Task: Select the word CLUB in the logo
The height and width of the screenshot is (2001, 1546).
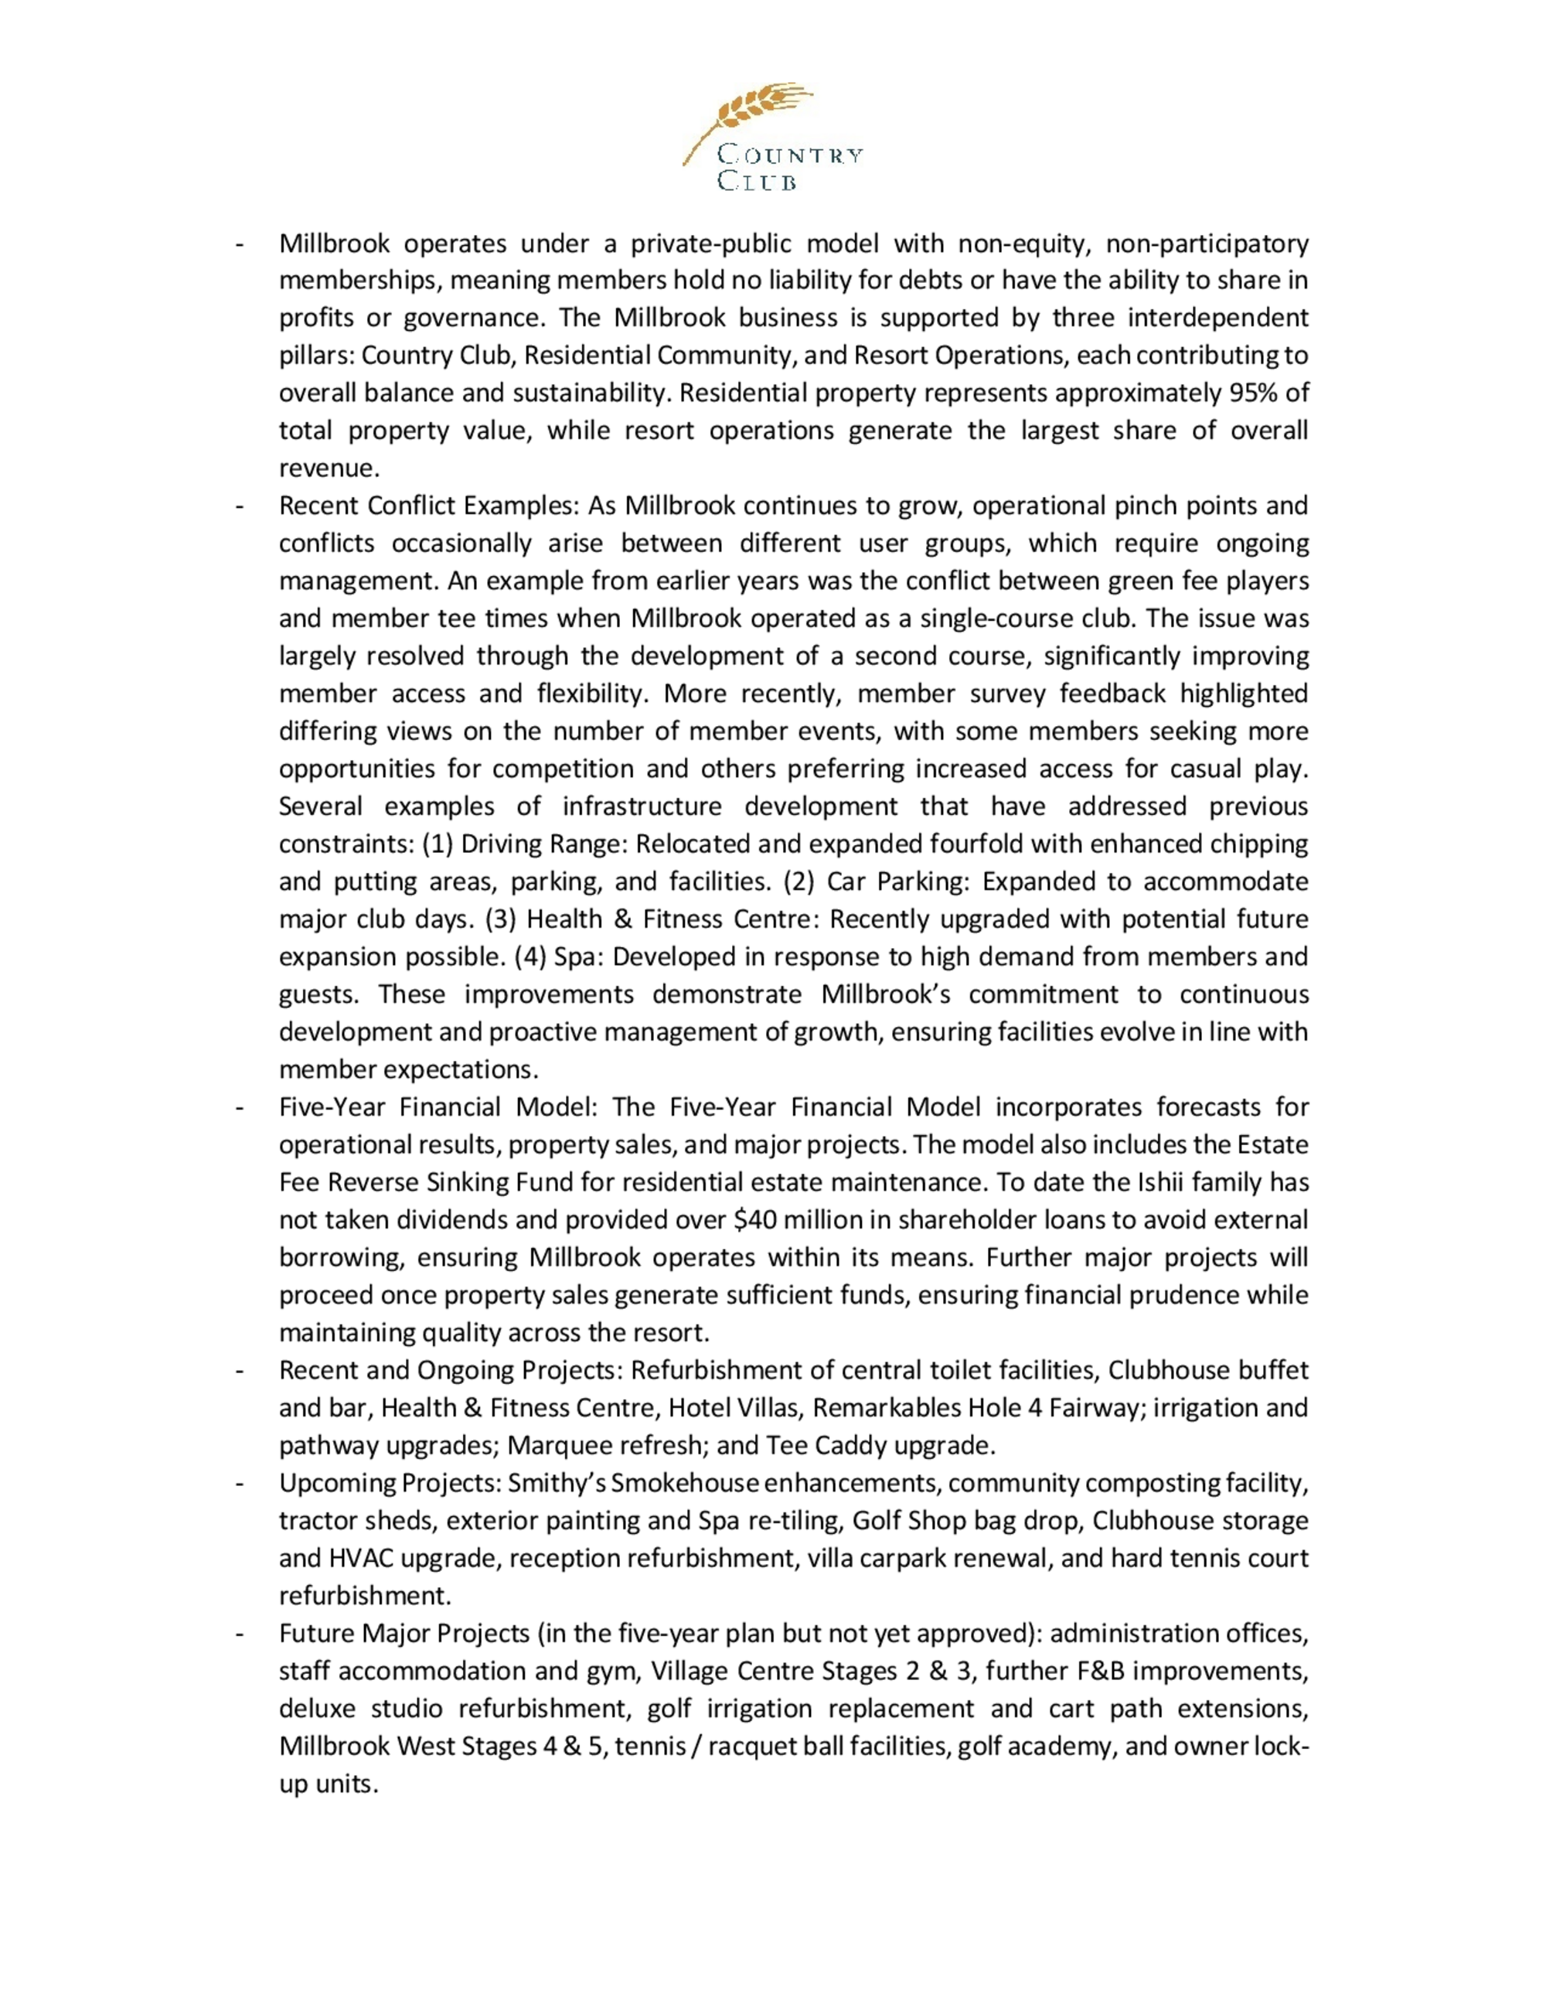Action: click(757, 182)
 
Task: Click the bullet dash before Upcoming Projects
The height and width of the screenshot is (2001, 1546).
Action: click(239, 1483)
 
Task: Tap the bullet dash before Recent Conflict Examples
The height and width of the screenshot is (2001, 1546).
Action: click(239, 506)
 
